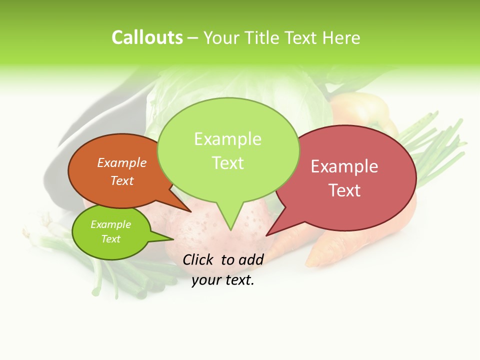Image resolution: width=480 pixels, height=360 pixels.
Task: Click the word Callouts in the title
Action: [x=147, y=37]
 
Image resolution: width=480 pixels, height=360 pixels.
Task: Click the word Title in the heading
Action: [x=264, y=38]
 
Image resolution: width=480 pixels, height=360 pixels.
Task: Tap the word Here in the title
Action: [x=341, y=38]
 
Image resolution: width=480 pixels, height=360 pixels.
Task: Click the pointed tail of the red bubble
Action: [x=268, y=234]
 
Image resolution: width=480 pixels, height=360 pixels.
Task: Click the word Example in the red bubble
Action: [x=344, y=166]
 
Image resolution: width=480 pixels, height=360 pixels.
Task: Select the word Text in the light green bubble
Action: [x=228, y=163]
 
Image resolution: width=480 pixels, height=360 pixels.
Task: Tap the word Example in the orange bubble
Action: [x=122, y=162]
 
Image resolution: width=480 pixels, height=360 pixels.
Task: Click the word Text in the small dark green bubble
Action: [x=111, y=239]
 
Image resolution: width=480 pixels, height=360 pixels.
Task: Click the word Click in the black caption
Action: [x=198, y=259]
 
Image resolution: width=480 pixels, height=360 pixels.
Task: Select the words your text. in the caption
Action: [x=223, y=280]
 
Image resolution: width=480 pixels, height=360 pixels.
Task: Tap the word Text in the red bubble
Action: [x=344, y=190]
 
